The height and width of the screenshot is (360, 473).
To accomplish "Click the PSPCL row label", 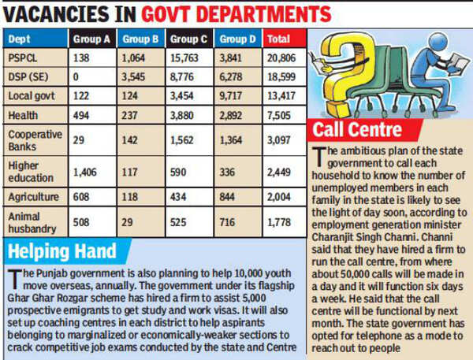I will coord(24,58).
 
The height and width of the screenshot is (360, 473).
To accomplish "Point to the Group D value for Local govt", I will coord(233,95).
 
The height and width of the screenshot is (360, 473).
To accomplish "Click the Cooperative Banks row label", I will coord(35,140).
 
